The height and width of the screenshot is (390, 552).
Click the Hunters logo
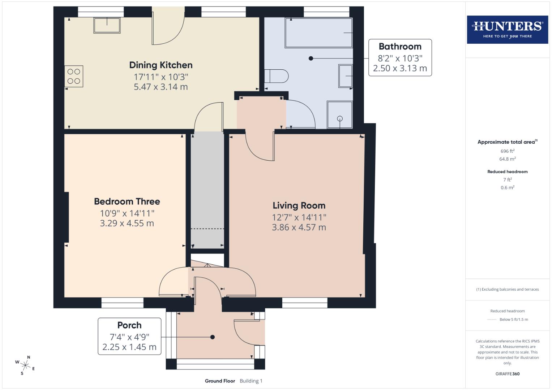(507, 29)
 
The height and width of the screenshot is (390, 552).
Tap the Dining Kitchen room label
(161, 65)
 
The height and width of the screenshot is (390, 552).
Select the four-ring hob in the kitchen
(74, 76)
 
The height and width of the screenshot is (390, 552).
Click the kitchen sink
(107, 25)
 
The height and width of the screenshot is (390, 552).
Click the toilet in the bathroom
(277, 76)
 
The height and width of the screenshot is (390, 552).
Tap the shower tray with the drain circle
(339, 115)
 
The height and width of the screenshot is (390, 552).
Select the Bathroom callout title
(400, 47)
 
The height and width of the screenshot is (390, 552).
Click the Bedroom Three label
(127, 201)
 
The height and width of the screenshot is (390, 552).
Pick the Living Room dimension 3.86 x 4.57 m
(299, 227)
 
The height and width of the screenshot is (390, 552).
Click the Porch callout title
(129, 325)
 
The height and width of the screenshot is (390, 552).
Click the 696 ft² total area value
(507, 151)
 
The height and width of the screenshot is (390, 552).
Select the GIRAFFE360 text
(507, 374)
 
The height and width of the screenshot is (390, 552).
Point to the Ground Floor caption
(220, 381)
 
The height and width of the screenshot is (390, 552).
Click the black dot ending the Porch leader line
(213, 337)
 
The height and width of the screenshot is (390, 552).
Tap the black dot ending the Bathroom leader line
(311, 58)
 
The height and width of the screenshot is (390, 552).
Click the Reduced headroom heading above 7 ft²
(507, 172)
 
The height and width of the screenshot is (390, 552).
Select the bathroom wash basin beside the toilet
(345, 76)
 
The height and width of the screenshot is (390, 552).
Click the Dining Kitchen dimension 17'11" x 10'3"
(161, 77)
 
